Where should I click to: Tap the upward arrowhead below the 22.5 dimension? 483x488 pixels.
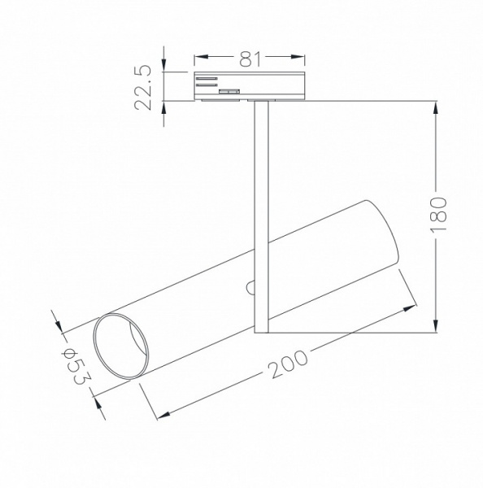(163, 108)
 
